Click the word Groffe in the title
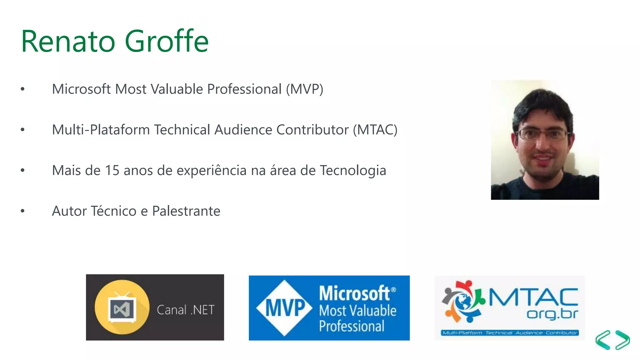[167, 41]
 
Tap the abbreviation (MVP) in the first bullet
[304, 89]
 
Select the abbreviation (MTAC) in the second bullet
[375, 130]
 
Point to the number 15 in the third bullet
[112, 171]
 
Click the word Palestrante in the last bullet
[186, 211]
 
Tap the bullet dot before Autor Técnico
[22, 211]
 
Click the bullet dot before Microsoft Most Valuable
[22, 89]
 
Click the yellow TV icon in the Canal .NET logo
[122, 307]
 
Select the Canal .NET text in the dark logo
[185, 310]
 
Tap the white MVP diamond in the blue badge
[284, 308]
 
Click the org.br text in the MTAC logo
[552, 314]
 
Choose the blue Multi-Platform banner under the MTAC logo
[509, 333]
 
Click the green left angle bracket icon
[603, 340]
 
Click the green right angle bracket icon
[622, 340]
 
